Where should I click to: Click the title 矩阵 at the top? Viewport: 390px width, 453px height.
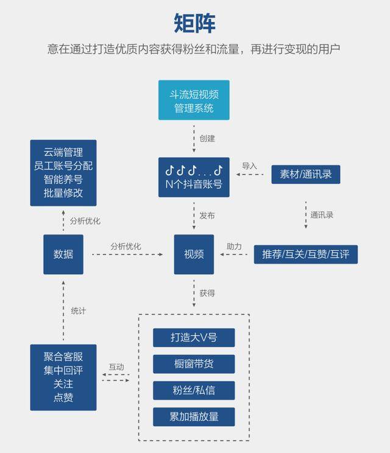tap(194, 23)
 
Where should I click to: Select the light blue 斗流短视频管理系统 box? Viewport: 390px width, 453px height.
tap(194, 100)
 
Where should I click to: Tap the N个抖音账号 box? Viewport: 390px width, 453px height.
tap(194, 177)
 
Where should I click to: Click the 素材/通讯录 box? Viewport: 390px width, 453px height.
tap(305, 174)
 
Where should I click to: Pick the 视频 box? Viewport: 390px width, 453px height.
tap(194, 255)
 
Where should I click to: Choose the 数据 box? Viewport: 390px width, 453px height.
tap(63, 255)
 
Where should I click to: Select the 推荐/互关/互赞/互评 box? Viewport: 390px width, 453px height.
tap(305, 255)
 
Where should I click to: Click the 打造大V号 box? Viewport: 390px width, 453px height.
tap(194, 337)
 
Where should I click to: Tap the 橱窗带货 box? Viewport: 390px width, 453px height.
tap(194, 363)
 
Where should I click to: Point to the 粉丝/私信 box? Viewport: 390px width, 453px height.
tap(194, 390)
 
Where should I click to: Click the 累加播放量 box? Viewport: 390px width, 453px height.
tap(194, 416)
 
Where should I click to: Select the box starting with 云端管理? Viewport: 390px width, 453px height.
tap(63, 173)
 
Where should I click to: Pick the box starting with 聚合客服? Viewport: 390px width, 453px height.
tap(63, 377)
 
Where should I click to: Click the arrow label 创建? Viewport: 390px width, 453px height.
tap(207, 138)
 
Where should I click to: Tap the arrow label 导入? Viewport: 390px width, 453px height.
tap(249, 166)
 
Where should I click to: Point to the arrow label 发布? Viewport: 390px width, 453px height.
tap(207, 216)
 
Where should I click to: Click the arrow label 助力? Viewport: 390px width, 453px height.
tap(234, 247)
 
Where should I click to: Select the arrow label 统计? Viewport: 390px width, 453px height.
tap(79, 311)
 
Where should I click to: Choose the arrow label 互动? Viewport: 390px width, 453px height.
tap(116, 367)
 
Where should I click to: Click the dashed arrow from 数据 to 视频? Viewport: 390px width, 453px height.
tap(127, 255)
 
